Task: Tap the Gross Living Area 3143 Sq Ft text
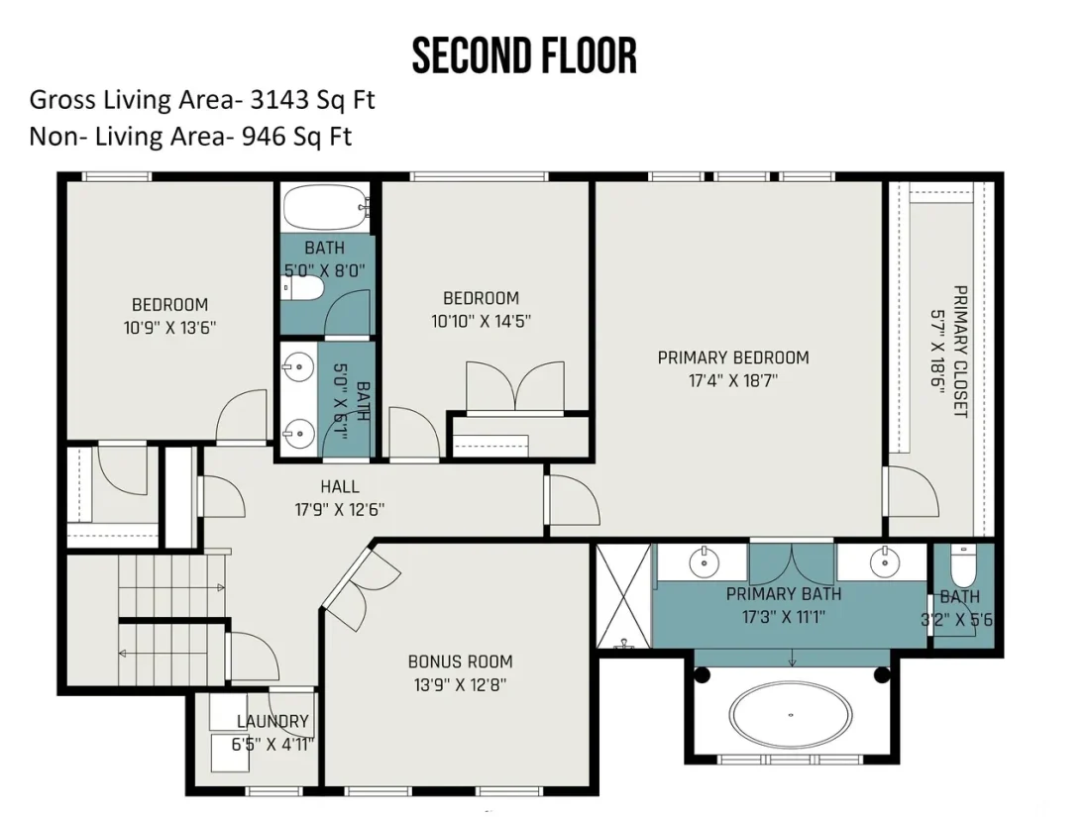(201, 100)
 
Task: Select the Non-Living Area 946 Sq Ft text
(190, 137)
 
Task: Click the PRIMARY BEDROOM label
(733, 357)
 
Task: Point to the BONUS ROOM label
(460, 662)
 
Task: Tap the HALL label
(340, 487)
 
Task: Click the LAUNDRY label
(272, 722)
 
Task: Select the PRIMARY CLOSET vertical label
(960, 352)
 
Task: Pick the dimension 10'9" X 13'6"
(169, 327)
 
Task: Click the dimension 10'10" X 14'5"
(481, 321)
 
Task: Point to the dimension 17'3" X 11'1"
(784, 617)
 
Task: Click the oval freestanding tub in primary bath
(791, 714)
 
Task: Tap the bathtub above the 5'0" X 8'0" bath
(325, 207)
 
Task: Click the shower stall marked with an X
(623, 595)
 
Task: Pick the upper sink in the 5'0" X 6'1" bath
(299, 365)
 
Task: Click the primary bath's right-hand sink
(884, 562)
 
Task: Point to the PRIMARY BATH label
(784, 594)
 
